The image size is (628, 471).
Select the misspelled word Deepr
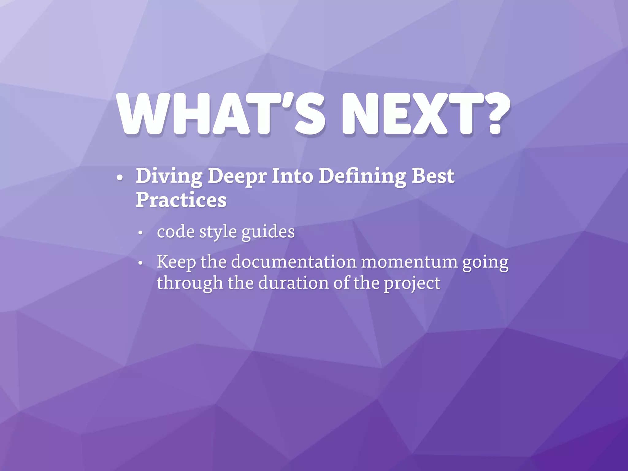[x=237, y=177]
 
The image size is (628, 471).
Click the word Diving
[x=169, y=177]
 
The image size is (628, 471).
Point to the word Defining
[x=362, y=177]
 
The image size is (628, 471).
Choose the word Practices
[x=181, y=200]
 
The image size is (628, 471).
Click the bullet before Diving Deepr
[x=120, y=178]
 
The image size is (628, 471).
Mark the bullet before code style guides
[x=140, y=233]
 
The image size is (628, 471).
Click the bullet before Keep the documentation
[x=140, y=263]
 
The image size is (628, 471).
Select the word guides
[x=268, y=232]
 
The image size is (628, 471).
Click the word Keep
[x=176, y=262]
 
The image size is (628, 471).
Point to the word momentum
[x=409, y=262]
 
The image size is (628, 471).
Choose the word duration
[x=293, y=283]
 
